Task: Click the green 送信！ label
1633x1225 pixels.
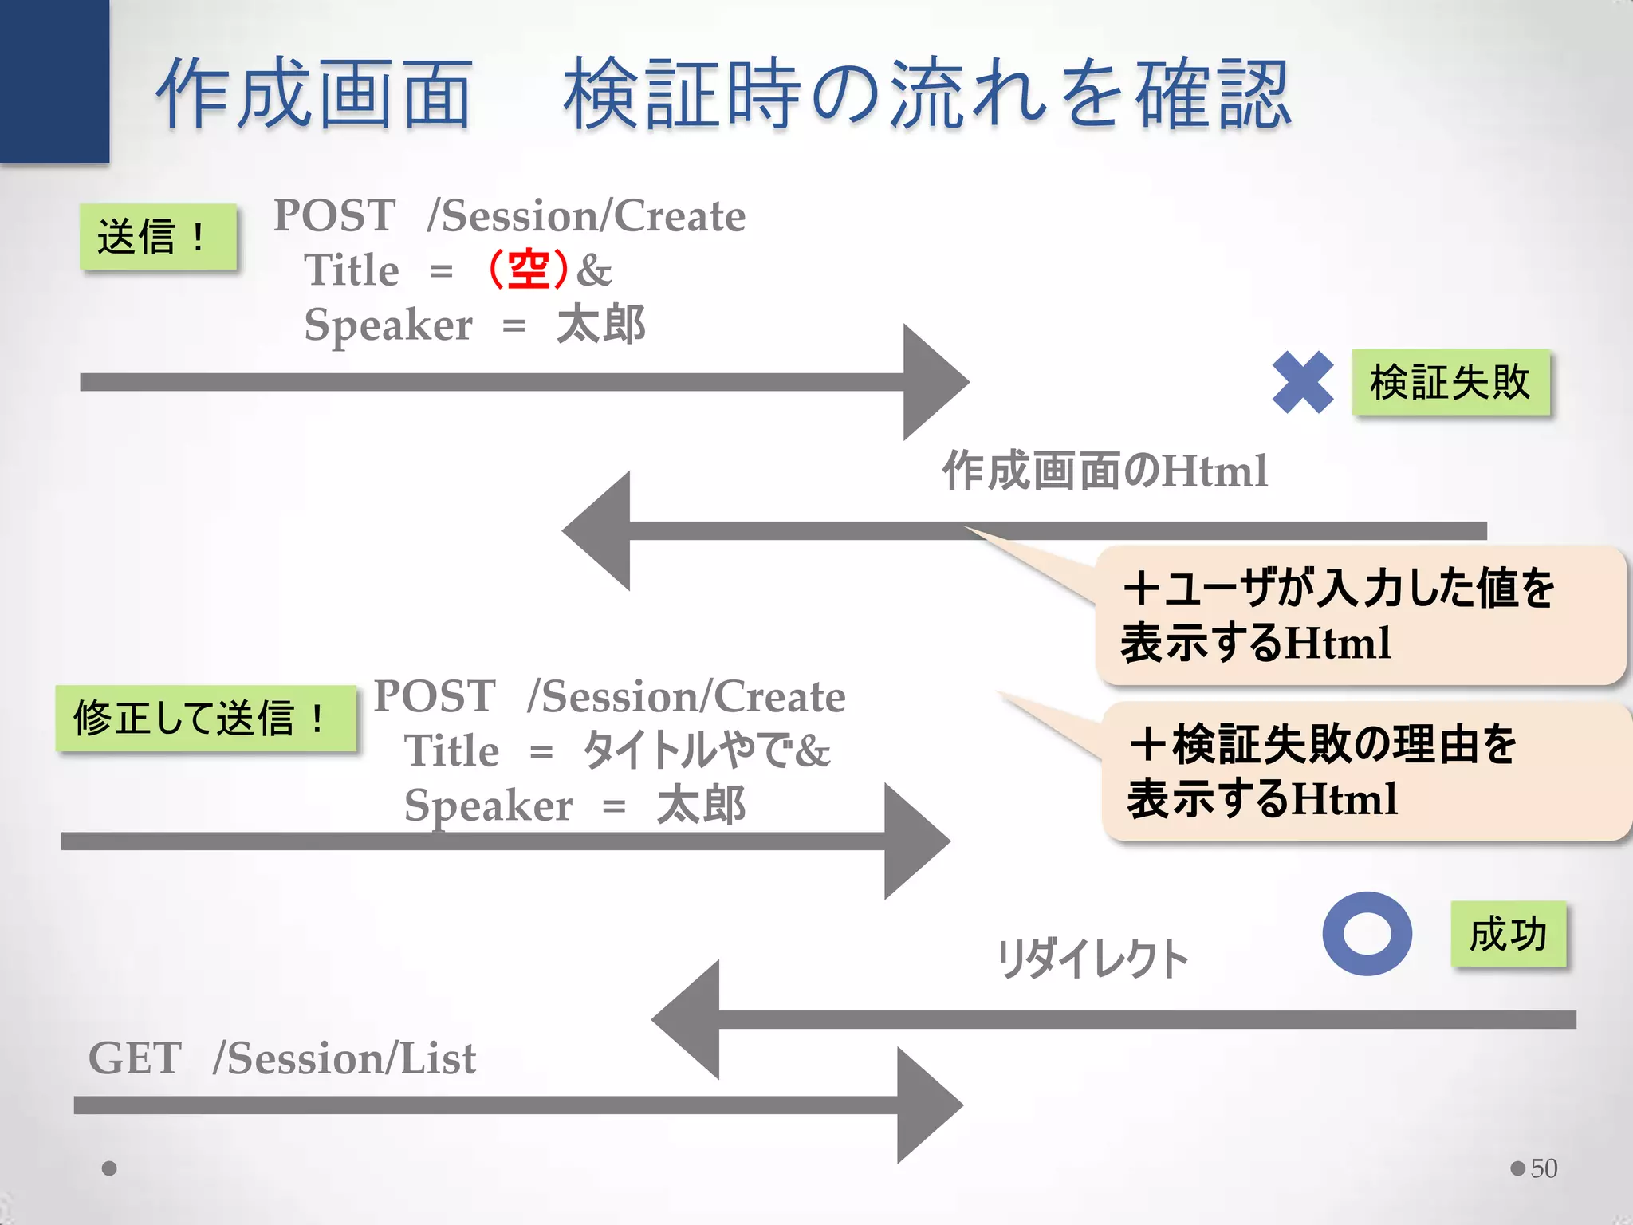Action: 158,237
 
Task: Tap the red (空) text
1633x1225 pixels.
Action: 528,270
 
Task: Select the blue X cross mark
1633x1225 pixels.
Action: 1302,383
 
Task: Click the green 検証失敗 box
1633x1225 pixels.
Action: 1450,382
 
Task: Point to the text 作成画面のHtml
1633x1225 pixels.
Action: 1104,471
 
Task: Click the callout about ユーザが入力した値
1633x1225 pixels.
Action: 1360,615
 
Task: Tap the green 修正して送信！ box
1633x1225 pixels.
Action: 206,718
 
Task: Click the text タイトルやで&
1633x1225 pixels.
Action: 706,750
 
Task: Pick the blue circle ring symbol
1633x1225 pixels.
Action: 1367,933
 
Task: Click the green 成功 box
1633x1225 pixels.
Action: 1508,934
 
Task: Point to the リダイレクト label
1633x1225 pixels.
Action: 1092,959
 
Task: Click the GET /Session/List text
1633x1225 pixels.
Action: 282,1058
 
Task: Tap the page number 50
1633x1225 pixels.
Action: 1544,1168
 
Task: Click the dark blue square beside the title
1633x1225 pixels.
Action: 54,80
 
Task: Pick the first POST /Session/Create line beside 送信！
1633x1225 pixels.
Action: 510,215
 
